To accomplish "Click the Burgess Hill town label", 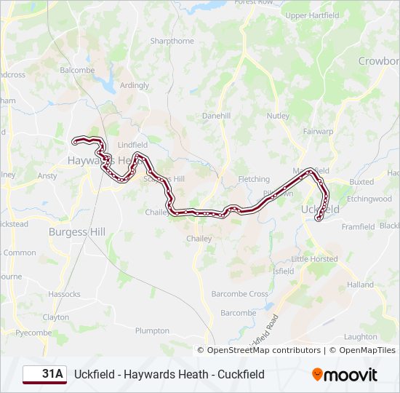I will [x=76, y=231].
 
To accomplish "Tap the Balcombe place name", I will [x=77, y=71].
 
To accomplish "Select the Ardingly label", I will [x=135, y=85].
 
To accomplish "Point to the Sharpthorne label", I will [x=172, y=41].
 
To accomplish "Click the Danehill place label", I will [x=216, y=116].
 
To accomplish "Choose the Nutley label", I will [x=278, y=116].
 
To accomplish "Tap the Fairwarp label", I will [x=319, y=132].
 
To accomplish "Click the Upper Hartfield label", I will [x=312, y=15].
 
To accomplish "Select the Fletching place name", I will [x=254, y=179].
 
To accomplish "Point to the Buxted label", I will [x=361, y=182].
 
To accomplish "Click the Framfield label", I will [x=358, y=227].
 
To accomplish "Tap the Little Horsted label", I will [x=314, y=259].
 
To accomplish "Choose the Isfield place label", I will [x=283, y=271].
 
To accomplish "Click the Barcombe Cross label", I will [x=239, y=294].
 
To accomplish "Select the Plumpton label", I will [x=152, y=330].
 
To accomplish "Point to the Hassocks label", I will [x=64, y=294].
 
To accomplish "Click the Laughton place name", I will [x=361, y=337].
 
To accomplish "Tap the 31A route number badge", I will [x=44, y=375].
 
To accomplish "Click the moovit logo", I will [x=345, y=375].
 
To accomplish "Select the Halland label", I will [x=360, y=285].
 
